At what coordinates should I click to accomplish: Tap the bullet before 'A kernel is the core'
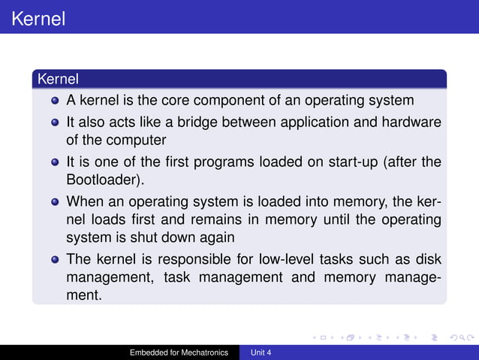[55, 101]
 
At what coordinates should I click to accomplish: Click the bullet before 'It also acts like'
[55, 122]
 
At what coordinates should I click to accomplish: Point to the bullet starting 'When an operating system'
[55, 202]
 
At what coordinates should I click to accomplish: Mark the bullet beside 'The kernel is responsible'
[55, 260]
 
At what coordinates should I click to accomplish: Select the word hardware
[412, 122]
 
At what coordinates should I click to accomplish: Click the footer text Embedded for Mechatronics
[179, 352]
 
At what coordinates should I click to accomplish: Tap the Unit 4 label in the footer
[261, 352]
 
